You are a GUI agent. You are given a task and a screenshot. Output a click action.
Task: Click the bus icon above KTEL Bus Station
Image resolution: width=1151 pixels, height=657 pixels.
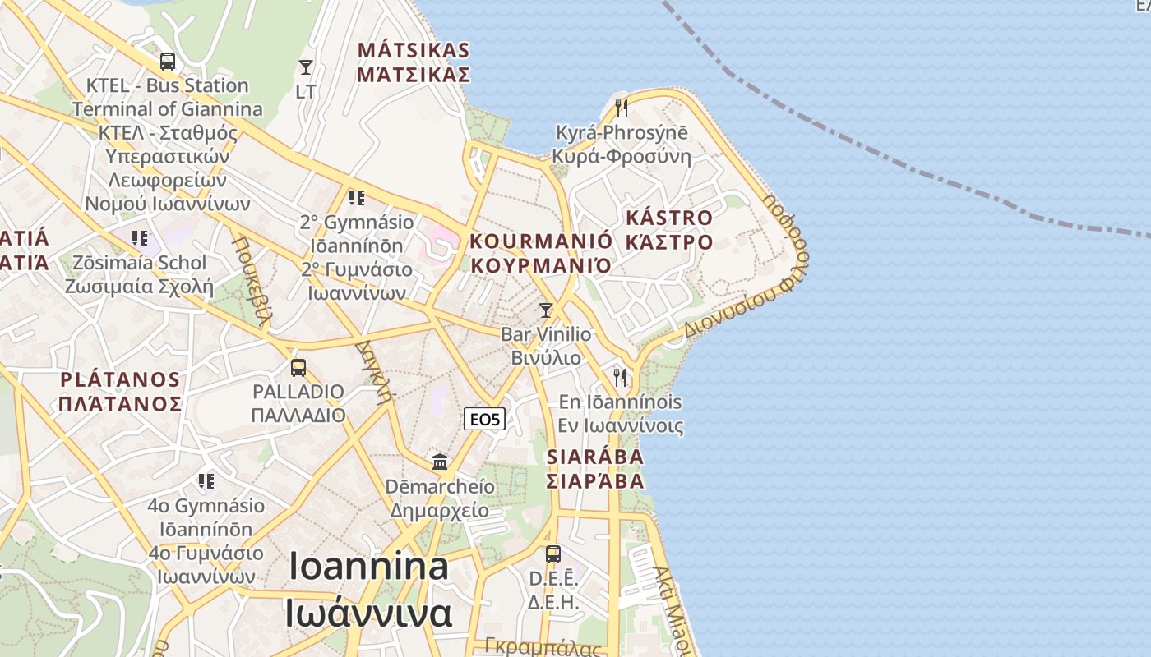pos(168,61)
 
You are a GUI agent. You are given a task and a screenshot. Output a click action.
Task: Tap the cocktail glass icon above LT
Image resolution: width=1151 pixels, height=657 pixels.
pos(306,67)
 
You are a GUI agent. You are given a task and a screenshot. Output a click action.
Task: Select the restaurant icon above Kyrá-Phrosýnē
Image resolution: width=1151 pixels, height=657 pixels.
pos(622,108)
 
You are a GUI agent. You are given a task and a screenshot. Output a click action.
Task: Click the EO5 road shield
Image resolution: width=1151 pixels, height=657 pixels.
pos(484,420)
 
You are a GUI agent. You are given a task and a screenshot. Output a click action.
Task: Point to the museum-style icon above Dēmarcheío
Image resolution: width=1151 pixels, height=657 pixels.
pos(440,462)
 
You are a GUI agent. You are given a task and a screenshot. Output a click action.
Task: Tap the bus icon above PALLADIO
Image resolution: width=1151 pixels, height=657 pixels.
pos(298,367)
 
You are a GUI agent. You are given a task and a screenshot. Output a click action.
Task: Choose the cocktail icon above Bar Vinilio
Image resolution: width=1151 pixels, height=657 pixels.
pos(545,310)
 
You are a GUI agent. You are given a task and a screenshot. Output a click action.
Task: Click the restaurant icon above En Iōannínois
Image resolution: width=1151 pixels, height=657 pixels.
pos(620,378)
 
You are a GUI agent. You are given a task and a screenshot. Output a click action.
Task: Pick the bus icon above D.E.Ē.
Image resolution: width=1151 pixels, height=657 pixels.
pos(553,554)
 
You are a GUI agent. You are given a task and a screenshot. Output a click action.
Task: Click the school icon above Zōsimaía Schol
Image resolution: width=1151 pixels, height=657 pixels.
pos(140,238)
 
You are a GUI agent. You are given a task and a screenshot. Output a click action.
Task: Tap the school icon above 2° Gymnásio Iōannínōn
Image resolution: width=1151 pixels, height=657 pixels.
pos(356,198)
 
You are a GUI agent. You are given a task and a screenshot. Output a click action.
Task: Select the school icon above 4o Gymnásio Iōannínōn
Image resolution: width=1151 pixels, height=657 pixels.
pos(206,480)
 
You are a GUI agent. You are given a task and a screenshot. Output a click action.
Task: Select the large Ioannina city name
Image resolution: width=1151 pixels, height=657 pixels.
pos(369,567)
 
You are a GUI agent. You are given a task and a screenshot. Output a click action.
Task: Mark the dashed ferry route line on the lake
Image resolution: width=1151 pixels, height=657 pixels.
pos(904,164)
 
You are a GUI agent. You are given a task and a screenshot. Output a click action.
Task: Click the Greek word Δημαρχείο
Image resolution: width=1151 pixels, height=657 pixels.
pos(439,510)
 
